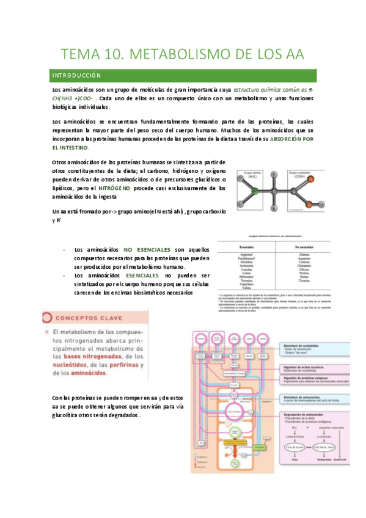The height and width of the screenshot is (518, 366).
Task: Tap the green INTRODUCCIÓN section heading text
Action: pos(76,76)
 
